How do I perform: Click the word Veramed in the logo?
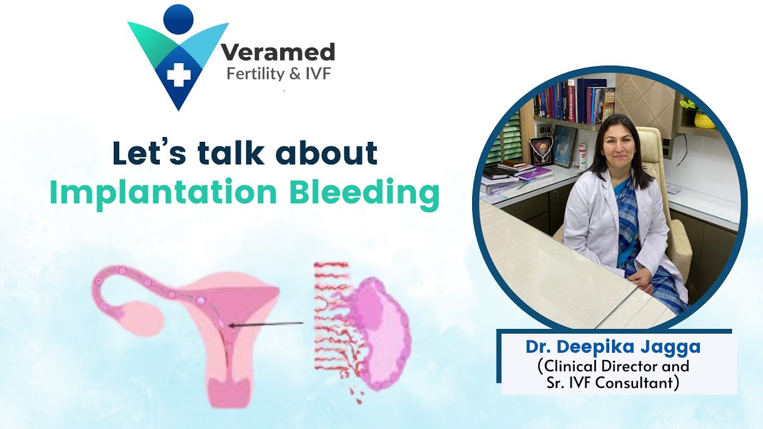(278, 52)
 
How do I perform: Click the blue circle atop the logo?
(178, 18)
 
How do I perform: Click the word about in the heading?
(327, 153)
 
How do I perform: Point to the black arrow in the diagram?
(265, 325)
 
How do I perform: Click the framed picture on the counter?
(542, 150)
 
